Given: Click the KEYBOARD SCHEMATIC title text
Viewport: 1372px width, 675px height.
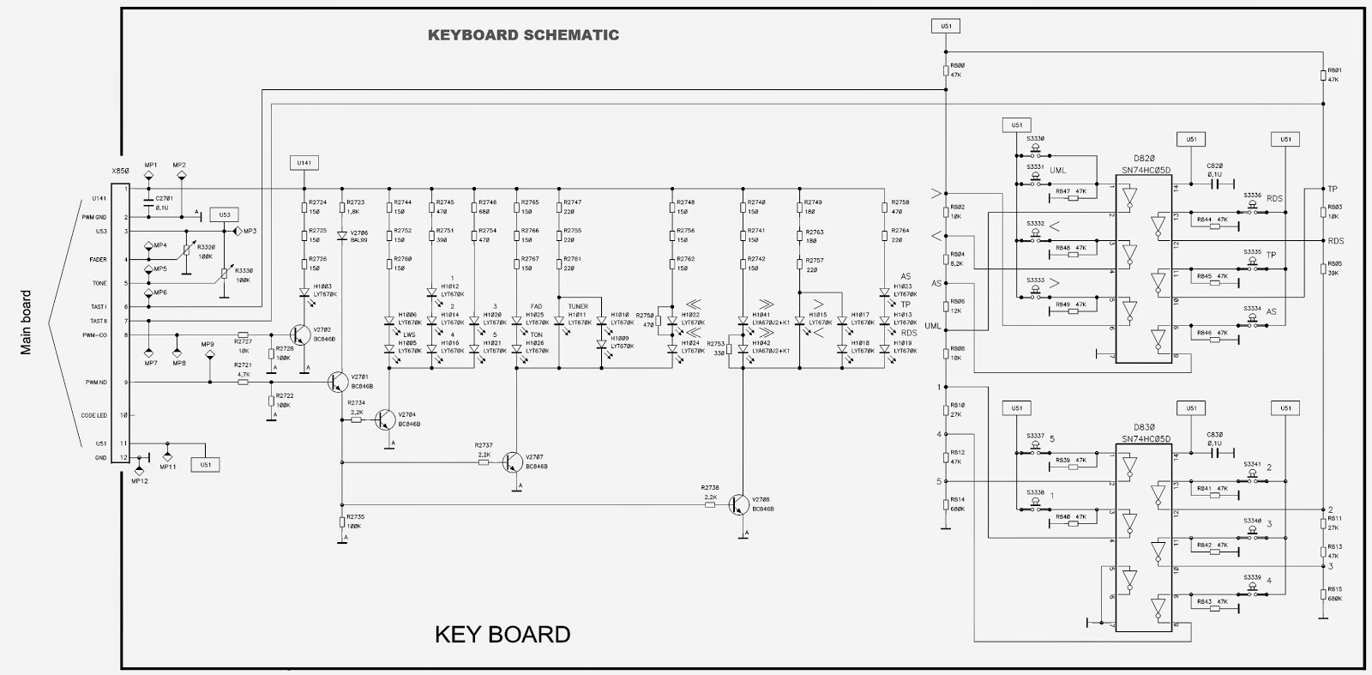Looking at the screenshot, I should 523,35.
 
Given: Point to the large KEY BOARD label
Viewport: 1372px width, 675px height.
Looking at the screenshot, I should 502,635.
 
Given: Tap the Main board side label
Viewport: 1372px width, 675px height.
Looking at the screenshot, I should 26,322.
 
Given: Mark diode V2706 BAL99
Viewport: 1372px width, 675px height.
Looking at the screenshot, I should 342,235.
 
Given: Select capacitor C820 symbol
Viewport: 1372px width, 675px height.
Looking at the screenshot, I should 1215,182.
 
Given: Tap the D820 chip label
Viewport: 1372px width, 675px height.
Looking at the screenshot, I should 1145,160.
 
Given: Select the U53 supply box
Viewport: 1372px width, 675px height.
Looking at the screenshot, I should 225,214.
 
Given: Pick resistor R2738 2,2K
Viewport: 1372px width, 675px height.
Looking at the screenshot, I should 710,505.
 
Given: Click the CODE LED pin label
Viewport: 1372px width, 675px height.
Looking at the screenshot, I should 94,415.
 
